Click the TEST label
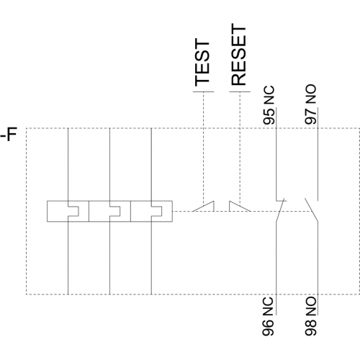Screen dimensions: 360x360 [x=202, y=63]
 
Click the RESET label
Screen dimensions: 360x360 [x=238, y=55]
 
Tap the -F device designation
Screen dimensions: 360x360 [x=9, y=135]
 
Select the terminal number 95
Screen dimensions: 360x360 [x=269, y=117]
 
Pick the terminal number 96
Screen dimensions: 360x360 [x=268, y=328]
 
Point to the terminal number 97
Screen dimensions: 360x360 [x=310, y=116]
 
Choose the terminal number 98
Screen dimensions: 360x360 [x=311, y=328]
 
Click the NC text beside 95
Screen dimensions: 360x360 [x=269, y=95]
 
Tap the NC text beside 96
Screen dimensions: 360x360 [x=268, y=307]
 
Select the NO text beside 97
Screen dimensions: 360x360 [x=310, y=94]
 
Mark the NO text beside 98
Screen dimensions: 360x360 [x=311, y=306]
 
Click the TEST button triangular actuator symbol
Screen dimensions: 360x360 [x=203, y=206]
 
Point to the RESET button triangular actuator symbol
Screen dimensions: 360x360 [x=240, y=206]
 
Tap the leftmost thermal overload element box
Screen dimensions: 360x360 [x=68, y=211]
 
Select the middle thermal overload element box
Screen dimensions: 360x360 [x=109, y=211]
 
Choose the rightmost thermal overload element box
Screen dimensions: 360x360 [x=151, y=211]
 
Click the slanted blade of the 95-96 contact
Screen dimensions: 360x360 [x=280, y=210]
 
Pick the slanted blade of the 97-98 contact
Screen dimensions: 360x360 [x=311, y=210]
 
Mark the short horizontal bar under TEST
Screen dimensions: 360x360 [x=203, y=91]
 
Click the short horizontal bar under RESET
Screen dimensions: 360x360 [x=240, y=91]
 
